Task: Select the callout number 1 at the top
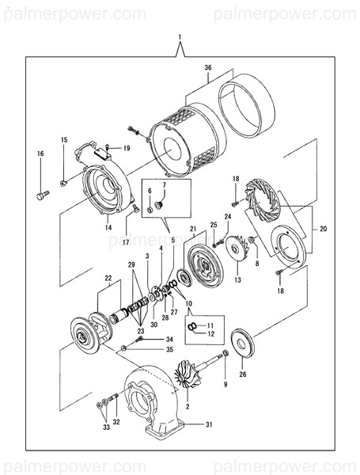tap(180, 37)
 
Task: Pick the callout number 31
tap(209, 425)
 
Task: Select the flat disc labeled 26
tap(242, 341)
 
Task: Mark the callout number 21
tap(191, 229)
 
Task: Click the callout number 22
tap(108, 278)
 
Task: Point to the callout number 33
tap(106, 427)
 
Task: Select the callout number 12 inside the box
tap(210, 334)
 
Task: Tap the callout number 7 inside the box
tap(165, 186)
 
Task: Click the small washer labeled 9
tap(226, 351)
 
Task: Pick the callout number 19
tap(126, 148)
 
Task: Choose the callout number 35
tap(169, 348)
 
